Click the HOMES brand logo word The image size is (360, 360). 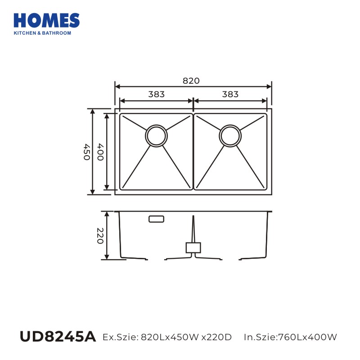[47, 20]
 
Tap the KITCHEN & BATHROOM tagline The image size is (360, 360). [42, 33]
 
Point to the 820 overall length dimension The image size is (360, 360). [191, 81]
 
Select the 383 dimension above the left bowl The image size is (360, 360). [156, 94]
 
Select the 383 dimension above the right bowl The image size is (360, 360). [230, 94]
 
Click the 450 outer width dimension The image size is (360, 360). [86, 152]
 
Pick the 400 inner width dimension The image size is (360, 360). [100, 152]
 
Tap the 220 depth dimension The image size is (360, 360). [100, 235]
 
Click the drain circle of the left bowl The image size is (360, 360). [156, 136]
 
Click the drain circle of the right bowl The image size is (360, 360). [230, 136]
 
